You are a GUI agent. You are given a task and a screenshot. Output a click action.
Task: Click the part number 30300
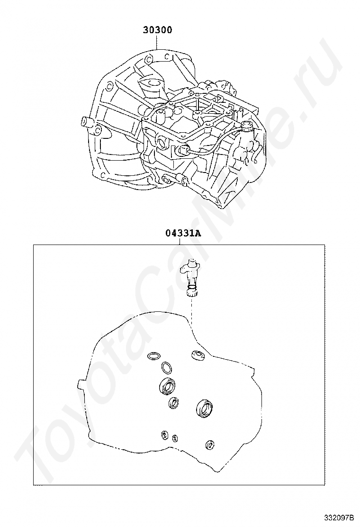click(157, 30)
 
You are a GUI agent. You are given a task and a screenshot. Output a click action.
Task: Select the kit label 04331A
click(183, 233)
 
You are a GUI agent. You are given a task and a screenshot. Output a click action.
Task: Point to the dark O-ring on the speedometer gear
click(191, 287)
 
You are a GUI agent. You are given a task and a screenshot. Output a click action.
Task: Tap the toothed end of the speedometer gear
click(192, 293)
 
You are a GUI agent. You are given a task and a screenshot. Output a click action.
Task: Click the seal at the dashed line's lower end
click(198, 355)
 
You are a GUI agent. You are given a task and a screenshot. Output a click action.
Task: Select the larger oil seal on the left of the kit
click(167, 385)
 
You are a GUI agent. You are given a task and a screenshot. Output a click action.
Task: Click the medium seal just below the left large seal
click(173, 402)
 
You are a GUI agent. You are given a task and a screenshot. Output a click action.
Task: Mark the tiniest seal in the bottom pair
click(175, 438)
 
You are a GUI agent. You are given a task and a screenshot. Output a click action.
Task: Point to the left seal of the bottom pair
click(164, 435)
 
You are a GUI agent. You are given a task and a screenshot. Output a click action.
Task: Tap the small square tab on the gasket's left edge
click(80, 384)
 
